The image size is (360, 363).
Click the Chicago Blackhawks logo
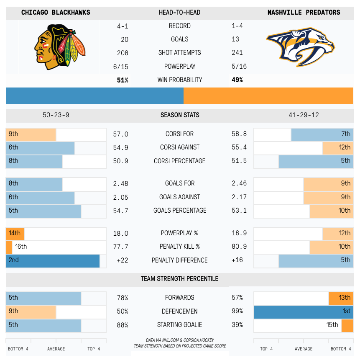60,46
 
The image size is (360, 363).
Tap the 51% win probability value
123,80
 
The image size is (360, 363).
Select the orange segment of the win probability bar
268,95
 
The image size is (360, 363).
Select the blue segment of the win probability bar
95,95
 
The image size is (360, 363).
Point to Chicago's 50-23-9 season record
56,115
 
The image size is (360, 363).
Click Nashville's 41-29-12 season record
304,115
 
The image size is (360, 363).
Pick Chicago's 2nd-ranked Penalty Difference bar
53,260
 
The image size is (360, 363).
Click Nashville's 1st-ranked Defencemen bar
304,311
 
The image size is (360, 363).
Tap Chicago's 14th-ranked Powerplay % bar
15,233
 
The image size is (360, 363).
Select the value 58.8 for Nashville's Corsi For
239,134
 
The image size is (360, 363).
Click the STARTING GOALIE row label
180,325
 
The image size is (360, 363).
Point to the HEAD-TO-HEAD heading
180,13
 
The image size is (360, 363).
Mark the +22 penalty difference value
123,260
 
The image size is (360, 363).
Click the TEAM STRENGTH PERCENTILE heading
180,279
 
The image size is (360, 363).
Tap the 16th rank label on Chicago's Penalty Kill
21,247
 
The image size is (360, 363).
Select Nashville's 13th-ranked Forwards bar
341,298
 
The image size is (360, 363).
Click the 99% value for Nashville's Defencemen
237,312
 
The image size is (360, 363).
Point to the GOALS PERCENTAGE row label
180,211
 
